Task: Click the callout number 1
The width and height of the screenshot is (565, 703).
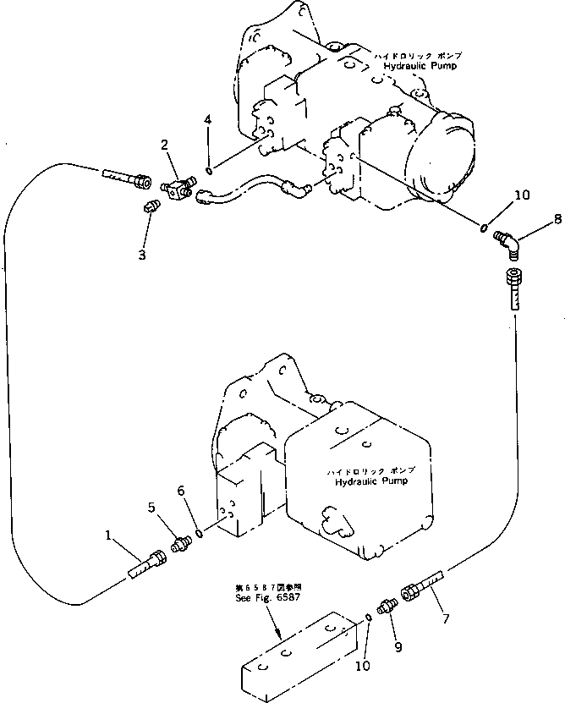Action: [108, 535]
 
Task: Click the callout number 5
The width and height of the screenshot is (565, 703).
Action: [151, 508]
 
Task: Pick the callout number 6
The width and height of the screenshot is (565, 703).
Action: [180, 491]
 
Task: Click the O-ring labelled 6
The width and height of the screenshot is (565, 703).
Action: [198, 532]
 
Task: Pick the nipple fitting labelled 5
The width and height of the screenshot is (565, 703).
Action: [178, 544]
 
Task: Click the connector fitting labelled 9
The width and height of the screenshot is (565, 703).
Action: [387, 607]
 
